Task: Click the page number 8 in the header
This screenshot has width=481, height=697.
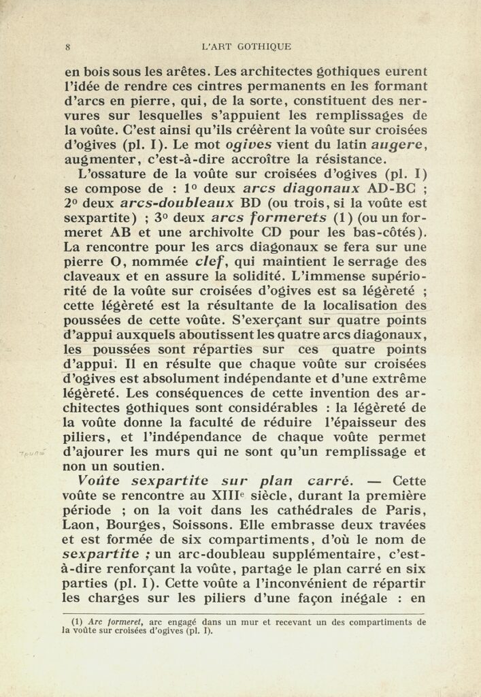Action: pyautogui.click(x=69, y=47)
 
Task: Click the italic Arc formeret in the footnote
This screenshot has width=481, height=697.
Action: pyautogui.click(x=112, y=621)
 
